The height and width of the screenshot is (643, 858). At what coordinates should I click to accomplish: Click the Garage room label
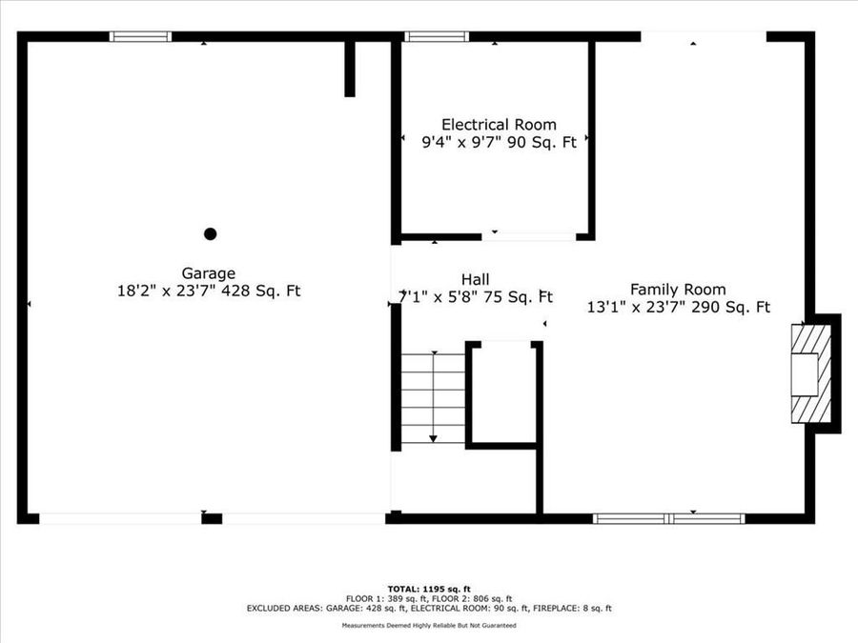coord(208,272)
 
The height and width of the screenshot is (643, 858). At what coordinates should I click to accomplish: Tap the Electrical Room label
coord(499,125)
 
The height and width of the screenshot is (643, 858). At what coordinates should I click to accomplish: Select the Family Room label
coord(677,289)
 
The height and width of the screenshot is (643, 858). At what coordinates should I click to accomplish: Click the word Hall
coord(475,278)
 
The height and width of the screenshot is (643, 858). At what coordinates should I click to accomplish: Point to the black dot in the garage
coord(211,233)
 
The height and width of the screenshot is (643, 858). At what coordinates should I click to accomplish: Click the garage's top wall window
coord(140,37)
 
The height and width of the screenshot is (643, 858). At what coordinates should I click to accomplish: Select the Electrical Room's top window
coord(437,37)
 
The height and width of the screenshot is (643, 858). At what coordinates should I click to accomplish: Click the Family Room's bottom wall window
coord(668,518)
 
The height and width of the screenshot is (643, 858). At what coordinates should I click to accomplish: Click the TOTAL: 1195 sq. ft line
coord(428,589)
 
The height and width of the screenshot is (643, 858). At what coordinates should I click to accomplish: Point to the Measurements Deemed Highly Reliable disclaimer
coord(429,626)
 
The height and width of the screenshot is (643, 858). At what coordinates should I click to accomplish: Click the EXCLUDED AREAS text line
coord(428,608)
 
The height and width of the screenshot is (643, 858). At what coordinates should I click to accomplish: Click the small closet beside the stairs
coord(502,391)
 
